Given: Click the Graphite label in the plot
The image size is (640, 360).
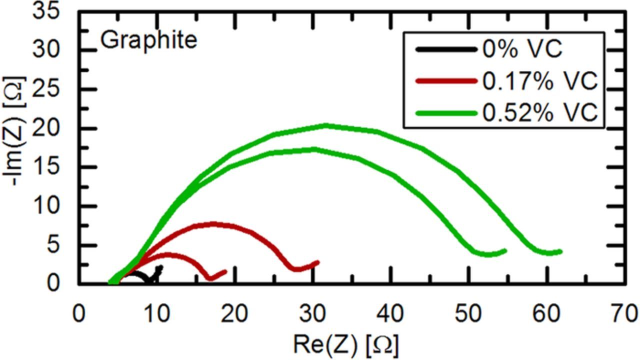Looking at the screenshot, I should [149, 40].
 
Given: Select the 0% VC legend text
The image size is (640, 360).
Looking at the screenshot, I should [522, 49].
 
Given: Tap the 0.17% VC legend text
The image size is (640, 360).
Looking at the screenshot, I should [540, 81].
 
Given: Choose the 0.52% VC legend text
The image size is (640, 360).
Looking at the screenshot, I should [540, 113].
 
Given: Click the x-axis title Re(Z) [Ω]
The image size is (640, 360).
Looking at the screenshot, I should [345, 344].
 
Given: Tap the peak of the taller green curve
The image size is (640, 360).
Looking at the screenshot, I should [326, 125].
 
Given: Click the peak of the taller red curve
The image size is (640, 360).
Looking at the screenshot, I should [214, 223].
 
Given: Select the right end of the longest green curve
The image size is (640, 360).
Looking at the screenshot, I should [561, 251].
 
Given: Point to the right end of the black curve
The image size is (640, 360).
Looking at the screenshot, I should [160, 267].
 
